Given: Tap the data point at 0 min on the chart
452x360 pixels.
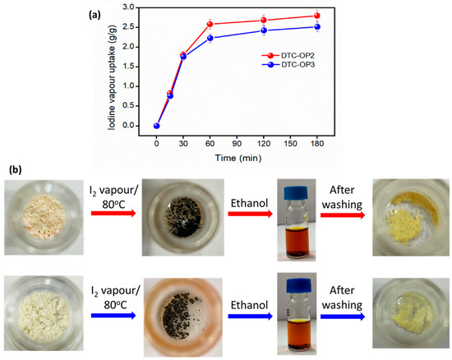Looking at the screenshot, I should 156,125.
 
